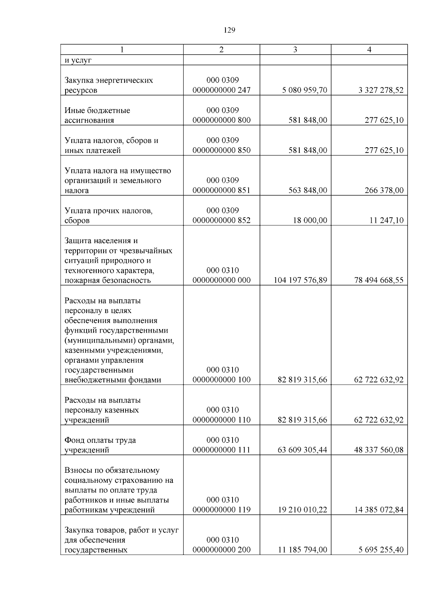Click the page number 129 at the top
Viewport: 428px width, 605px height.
pos(229,30)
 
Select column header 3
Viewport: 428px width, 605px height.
pos(295,50)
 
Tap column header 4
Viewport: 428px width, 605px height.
pos(369,50)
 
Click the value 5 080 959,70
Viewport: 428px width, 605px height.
pos(304,90)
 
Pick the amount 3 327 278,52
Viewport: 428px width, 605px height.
pos(381,90)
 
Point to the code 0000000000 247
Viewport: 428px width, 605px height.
pos(221,90)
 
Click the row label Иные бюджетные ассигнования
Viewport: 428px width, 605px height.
pos(97,115)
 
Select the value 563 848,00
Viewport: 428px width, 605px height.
pos(307,190)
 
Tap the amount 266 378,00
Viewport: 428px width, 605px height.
pos(384,190)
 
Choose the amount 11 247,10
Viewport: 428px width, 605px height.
pos(386,220)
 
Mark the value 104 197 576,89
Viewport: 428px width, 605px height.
pos(300,280)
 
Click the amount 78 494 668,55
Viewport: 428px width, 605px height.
pos(378,280)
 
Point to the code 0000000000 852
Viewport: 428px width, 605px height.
pos(221,220)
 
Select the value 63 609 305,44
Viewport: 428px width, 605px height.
pos(302,450)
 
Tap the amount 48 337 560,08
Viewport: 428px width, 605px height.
pos(378,450)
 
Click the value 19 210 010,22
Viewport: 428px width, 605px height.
pos(302,510)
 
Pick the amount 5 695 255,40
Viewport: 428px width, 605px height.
pos(381,550)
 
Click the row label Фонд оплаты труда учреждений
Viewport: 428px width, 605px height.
pos(100,445)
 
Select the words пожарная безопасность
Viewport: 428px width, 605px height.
pos(108,280)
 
